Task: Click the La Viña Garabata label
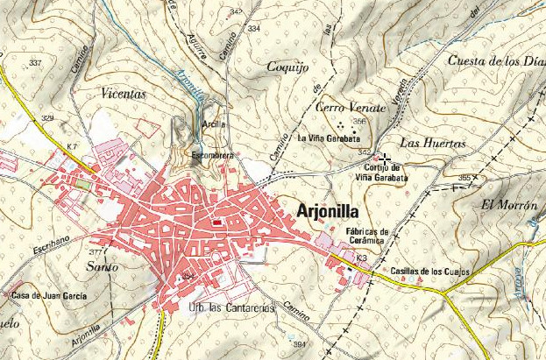pyautogui.click(x=329, y=138)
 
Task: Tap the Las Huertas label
pyautogui.click(x=426, y=142)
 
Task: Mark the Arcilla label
pyautogui.click(x=214, y=124)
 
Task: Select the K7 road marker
pyautogui.click(x=71, y=145)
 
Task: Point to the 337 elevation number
pyautogui.click(x=35, y=64)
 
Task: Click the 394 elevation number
pyautogui.click(x=299, y=343)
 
